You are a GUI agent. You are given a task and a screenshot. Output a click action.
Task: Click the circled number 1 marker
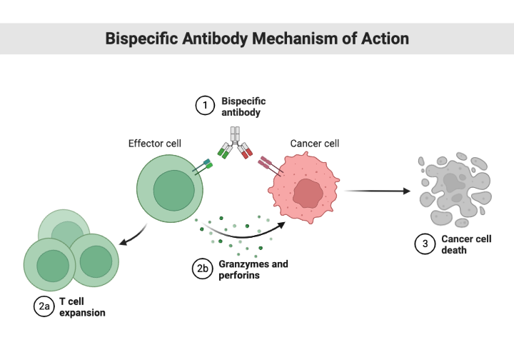click(206, 106)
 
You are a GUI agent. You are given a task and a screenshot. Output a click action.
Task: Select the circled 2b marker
click(203, 269)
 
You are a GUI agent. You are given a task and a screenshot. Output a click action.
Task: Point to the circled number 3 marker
click(425, 244)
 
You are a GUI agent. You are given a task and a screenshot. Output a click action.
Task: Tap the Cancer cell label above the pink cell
click(314, 144)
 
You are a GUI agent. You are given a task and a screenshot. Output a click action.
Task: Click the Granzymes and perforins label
click(253, 269)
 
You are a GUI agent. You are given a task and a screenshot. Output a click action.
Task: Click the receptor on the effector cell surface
click(206, 166)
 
